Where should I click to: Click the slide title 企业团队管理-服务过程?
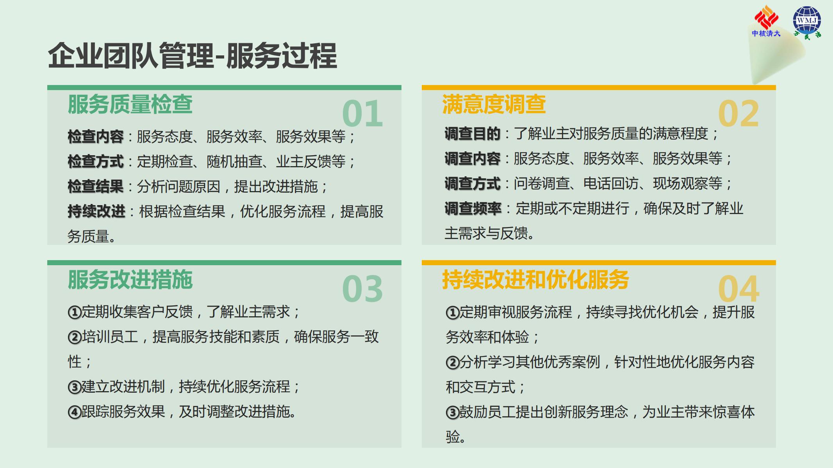192,56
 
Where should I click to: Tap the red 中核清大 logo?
766,21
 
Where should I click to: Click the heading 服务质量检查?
130,105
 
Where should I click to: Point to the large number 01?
362,113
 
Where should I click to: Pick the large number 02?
738,113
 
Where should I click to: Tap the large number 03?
362,289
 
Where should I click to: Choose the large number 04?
738,289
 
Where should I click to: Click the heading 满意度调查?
494,105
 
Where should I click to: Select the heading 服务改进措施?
130,280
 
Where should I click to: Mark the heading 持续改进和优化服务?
535,280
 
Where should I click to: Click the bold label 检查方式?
96,161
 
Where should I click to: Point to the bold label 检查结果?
96,186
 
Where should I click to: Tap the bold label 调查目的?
473,134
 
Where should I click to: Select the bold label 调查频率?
473,209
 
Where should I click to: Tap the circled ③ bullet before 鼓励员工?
452,413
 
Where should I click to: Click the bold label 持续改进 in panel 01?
96,211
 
